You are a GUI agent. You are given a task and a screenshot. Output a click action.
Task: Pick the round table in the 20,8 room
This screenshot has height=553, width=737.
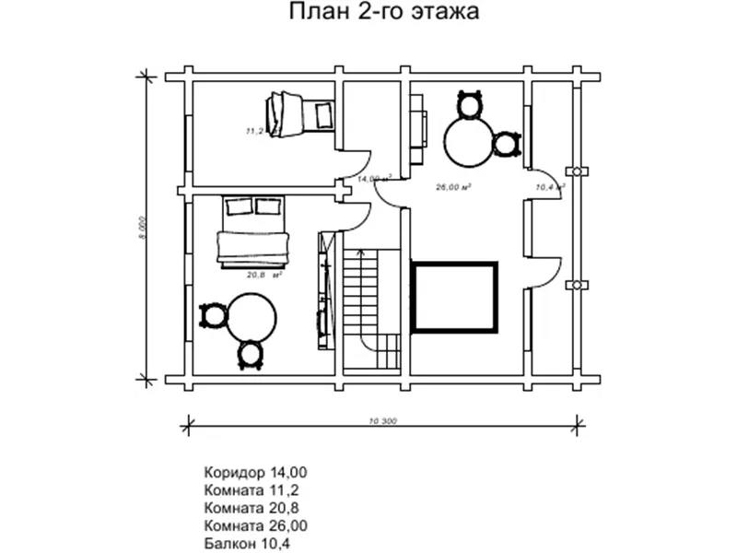(252, 318)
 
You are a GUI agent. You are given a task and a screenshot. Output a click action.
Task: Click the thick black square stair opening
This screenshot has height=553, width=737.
(454, 297)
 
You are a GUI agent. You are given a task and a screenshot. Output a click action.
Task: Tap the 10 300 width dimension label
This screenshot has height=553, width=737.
(381, 422)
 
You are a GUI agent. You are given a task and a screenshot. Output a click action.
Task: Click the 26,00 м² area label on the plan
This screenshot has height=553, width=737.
(453, 186)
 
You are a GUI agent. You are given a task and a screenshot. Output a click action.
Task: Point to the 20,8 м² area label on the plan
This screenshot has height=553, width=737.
(263, 274)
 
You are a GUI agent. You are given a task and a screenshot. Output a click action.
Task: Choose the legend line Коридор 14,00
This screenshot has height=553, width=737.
(255, 472)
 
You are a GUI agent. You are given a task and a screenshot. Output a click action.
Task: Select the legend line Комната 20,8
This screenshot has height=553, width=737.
(252, 508)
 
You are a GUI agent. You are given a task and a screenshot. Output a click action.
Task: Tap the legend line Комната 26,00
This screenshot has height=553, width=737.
(255, 525)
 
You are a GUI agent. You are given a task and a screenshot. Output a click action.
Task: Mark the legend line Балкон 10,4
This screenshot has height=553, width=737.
(248, 544)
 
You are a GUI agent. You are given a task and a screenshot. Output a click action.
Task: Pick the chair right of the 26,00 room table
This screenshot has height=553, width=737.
(505, 144)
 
